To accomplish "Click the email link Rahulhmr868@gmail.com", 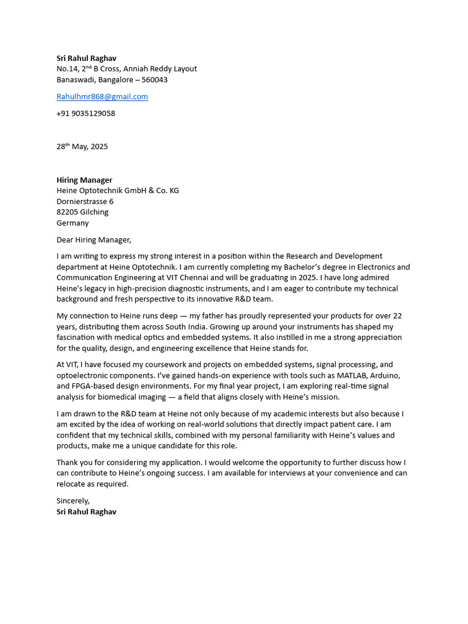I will click(x=102, y=96).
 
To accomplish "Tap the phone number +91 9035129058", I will click(x=85, y=113).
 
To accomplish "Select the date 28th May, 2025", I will click(x=82, y=146).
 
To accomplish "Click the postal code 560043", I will click(x=154, y=80).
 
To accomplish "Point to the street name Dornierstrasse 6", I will click(x=85, y=202).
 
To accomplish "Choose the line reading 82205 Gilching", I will click(x=82, y=212).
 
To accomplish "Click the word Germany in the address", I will click(x=73, y=223).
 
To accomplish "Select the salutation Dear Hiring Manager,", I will click(x=93, y=240).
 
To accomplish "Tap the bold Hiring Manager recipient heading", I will click(x=84, y=180).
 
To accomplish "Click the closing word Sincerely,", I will click(x=73, y=501).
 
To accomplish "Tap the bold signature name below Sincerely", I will click(x=86, y=512).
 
